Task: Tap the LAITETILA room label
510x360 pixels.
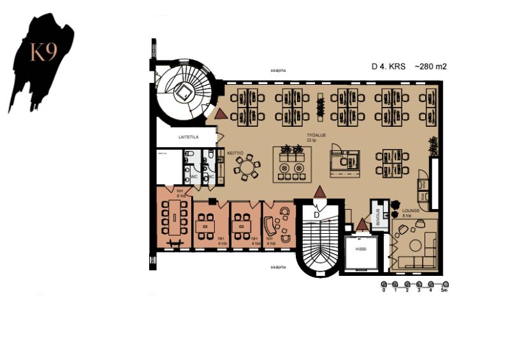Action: point(171,136)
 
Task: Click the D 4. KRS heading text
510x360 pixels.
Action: point(389,66)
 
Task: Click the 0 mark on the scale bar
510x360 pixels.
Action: point(384,290)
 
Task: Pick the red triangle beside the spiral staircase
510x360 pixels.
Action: point(221,114)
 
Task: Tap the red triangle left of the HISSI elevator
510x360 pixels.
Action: point(362,224)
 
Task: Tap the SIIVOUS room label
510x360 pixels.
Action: point(378,217)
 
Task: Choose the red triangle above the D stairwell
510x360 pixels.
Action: point(320,191)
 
